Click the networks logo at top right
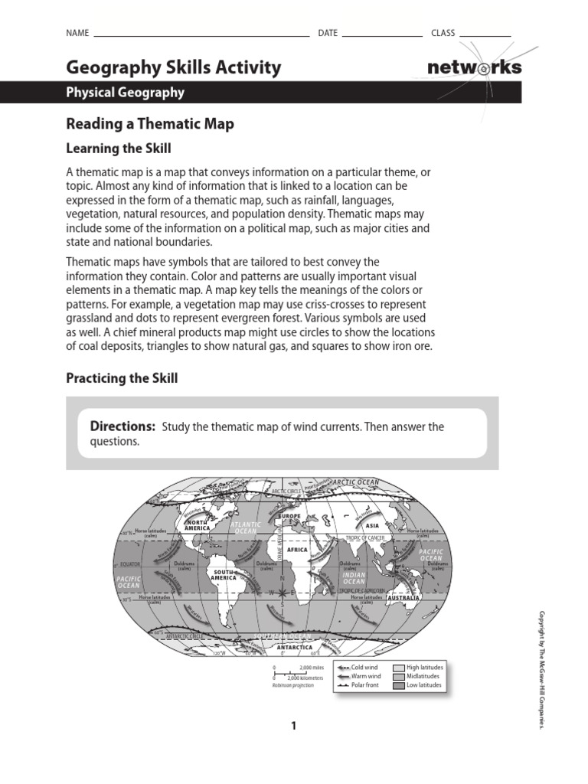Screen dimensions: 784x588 point(474,67)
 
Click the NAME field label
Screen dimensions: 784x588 point(77,33)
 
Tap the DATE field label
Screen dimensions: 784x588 point(327,33)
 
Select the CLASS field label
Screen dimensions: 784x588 point(443,33)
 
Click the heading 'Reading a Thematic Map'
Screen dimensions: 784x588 point(150,123)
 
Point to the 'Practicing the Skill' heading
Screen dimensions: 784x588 point(122,378)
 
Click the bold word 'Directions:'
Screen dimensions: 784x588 point(122,426)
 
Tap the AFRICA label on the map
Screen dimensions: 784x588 point(296,550)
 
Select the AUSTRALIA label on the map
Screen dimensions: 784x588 point(403,597)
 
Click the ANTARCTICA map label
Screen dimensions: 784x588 point(295,648)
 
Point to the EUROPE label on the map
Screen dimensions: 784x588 point(291,517)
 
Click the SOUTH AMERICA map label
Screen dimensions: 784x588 point(224,574)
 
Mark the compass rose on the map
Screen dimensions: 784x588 point(282,593)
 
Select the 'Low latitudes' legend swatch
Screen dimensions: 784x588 point(398,685)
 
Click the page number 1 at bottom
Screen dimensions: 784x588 point(293,726)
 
